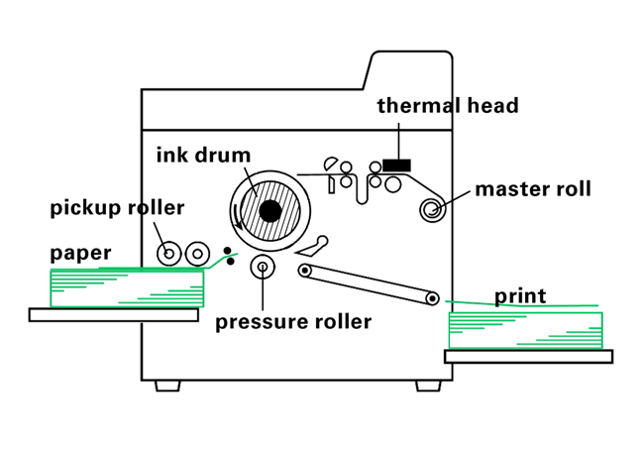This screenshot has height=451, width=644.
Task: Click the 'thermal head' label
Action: click(x=447, y=105)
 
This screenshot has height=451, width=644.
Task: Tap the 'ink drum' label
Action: click(x=203, y=156)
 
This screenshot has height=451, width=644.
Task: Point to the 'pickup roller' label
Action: click(x=117, y=208)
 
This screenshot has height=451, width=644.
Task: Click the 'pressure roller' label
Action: click(x=293, y=321)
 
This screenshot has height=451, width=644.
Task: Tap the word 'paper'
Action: click(x=81, y=253)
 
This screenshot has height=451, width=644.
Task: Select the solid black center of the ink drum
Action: click(x=268, y=211)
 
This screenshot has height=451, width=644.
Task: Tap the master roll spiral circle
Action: click(x=432, y=208)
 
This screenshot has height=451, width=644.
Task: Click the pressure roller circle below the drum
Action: click(x=264, y=266)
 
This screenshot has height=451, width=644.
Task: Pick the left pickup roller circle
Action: click(x=169, y=254)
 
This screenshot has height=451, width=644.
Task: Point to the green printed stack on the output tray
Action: click(x=525, y=329)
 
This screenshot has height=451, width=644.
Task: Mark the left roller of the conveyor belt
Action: click(x=305, y=271)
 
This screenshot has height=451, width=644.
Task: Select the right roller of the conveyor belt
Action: click(x=432, y=296)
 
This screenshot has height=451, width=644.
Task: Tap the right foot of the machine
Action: click(x=427, y=385)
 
